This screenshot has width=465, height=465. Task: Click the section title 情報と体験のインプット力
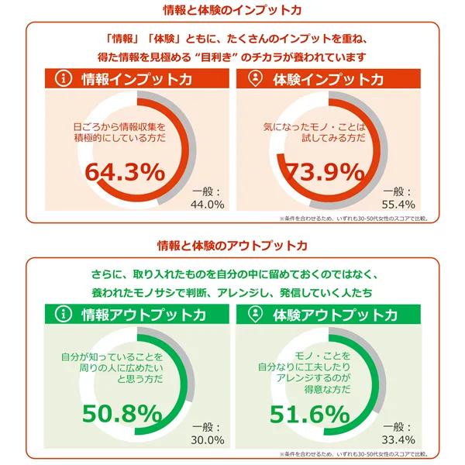[x=232, y=10]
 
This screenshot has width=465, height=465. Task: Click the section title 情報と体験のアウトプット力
[x=232, y=245]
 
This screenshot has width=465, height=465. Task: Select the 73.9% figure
[x=322, y=172]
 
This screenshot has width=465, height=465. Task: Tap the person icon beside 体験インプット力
[x=255, y=79]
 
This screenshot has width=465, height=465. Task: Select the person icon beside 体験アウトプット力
[x=255, y=314]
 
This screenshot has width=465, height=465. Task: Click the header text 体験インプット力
[x=328, y=79]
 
